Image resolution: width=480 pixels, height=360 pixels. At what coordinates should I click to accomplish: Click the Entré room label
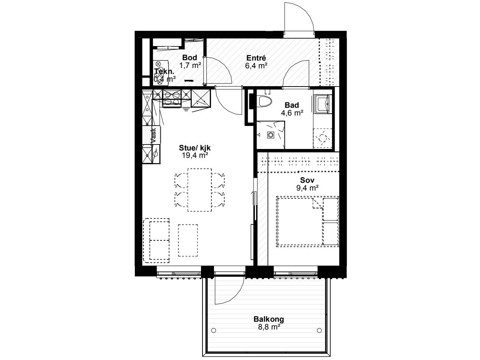point(256,58)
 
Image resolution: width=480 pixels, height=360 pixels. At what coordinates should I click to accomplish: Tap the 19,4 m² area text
point(194,155)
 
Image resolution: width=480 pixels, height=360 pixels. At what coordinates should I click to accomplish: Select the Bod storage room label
point(189,58)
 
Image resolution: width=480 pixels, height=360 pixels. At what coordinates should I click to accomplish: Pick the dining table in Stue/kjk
point(200,190)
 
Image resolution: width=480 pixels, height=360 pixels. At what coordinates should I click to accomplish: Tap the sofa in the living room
point(156,240)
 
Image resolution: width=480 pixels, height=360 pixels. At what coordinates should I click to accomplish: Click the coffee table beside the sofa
point(188,240)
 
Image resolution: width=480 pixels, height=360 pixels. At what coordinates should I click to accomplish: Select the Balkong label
point(269,319)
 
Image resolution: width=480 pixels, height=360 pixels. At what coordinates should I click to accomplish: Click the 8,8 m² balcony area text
point(269,327)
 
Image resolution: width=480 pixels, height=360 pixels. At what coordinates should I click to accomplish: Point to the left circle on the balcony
point(214,330)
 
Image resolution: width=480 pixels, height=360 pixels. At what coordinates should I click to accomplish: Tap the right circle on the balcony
point(320,330)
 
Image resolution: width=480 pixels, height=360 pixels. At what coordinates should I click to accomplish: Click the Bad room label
point(292,106)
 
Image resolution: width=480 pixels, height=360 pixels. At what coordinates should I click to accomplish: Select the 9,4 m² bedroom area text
point(307,188)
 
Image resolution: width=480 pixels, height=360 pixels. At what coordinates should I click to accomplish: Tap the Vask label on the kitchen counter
point(153,136)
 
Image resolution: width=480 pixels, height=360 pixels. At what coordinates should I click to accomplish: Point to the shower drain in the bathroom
point(271,135)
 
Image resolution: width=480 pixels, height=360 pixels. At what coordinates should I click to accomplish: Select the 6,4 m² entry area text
point(256,66)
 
